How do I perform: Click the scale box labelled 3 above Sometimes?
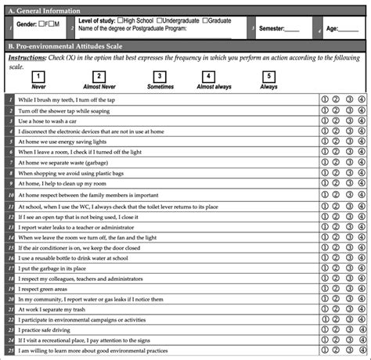click(159, 76)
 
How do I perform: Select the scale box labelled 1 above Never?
click(37, 76)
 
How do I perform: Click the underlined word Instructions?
click(24, 58)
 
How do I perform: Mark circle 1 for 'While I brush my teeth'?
click(325, 100)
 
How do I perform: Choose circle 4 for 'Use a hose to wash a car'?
click(361, 121)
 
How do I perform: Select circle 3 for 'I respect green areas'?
click(349, 289)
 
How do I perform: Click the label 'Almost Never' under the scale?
click(99, 88)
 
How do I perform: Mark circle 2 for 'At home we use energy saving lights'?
click(337, 141)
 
